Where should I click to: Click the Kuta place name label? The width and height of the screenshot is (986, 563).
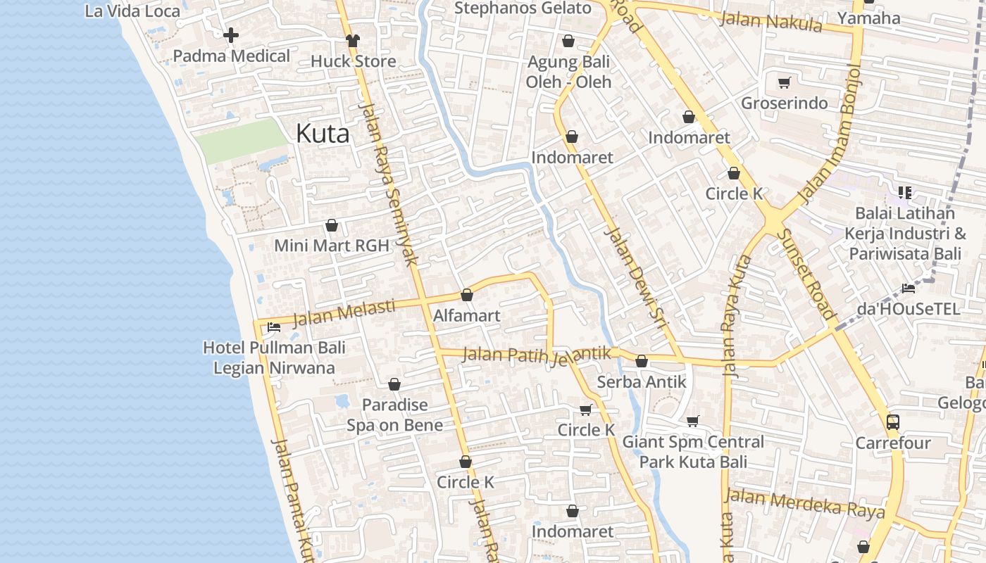tap(323, 133)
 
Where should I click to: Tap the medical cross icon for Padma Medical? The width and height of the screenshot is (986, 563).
tap(231, 34)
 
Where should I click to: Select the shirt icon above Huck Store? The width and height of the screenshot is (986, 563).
tap(353, 40)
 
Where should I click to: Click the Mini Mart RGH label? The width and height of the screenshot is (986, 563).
tap(332, 246)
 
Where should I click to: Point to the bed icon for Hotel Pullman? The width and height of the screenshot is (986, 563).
tap(274, 327)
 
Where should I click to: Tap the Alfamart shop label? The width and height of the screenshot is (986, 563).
tap(466, 315)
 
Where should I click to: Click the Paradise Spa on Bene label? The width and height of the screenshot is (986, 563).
tap(394, 415)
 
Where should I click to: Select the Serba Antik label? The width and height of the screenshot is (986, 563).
tap(641, 381)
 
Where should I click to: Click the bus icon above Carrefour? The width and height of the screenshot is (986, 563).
tap(892, 422)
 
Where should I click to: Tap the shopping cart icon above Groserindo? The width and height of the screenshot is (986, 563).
tap(785, 82)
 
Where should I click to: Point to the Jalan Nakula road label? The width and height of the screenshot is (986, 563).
tap(770, 20)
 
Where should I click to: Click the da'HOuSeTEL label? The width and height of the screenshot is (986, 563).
tap(908, 309)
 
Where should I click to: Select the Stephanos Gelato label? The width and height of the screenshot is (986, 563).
tap(523, 8)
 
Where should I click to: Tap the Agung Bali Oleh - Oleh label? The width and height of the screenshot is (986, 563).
tap(569, 72)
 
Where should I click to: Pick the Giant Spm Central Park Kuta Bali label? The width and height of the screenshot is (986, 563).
tap(693, 452)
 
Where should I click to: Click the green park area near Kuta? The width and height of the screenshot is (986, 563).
tap(239, 140)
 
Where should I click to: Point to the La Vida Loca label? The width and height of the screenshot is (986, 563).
tap(132, 11)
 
